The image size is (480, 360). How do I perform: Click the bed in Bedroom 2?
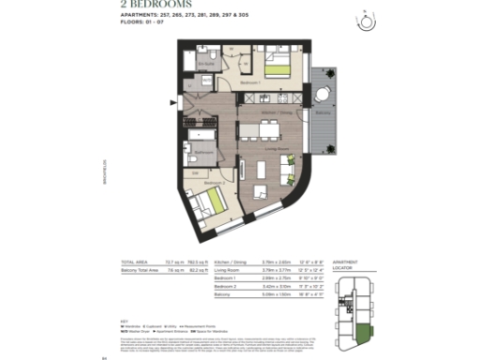click(209, 201)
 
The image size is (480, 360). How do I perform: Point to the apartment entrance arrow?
click(172, 103)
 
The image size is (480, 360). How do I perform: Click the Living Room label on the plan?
click(274, 148)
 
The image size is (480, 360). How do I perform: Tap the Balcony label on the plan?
click(323, 112)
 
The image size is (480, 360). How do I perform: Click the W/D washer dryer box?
click(205, 81)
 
